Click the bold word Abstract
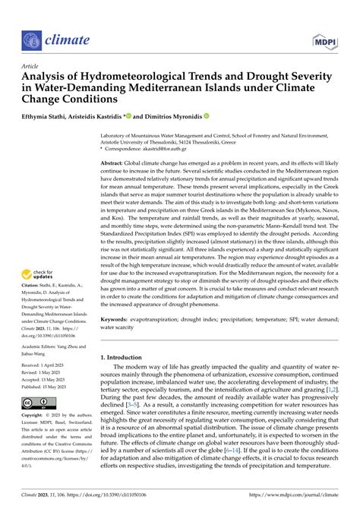[x=114, y=163]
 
